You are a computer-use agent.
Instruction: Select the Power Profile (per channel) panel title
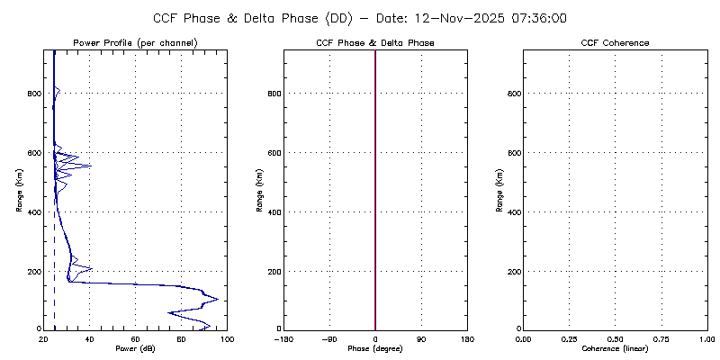[x=135, y=43]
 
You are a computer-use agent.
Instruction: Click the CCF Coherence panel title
[x=616, y=43]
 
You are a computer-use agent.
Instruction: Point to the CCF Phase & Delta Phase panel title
[x=375, y=43]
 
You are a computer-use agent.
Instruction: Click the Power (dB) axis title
[x=135, y=348]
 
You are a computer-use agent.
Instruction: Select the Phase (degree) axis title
[x=375, y=348]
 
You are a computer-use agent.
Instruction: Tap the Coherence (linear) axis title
[x=616, y=348]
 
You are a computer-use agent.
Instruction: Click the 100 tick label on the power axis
[x=227, y=338]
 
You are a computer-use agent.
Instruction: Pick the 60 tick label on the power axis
[x=135, y=338]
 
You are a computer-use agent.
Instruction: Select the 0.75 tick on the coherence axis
[x=661, y=338]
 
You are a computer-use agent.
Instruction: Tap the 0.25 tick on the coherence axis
[x=569, y=338]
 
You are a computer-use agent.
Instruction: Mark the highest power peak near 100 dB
[x=217, y=299]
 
